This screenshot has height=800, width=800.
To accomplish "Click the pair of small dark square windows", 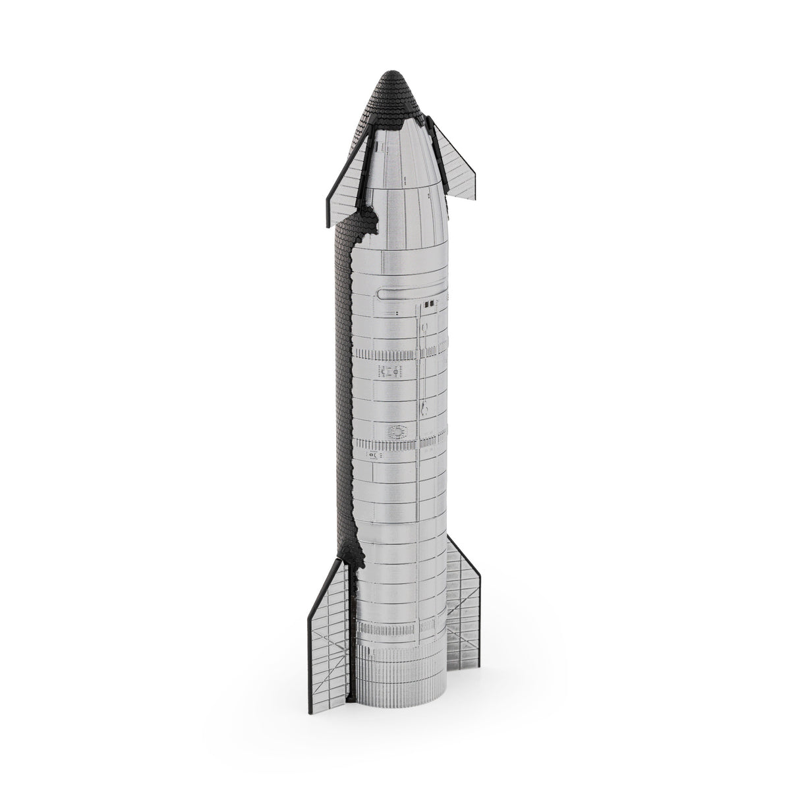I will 429,304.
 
